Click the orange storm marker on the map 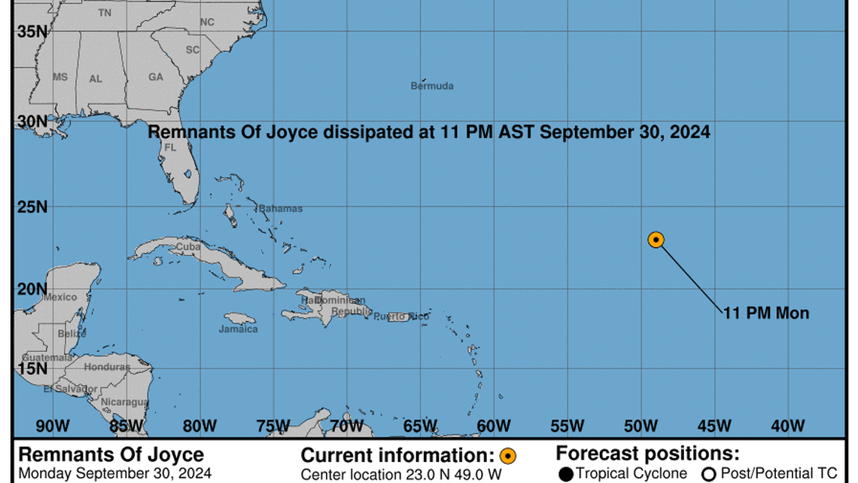click(656, 240)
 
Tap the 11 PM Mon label click(766, 313)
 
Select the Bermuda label click(432, 86)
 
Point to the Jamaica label click(238, 329)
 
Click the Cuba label click(187, 246)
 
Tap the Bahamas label click(281, 209)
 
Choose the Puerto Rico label click(401, 316)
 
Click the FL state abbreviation click(170, 148)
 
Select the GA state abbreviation click(156, 77)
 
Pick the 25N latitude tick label click(31, 206)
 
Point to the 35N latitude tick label click(31, 31)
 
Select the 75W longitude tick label click(273, 426)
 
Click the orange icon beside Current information click(508, 456)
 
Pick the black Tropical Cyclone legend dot click(566, 474)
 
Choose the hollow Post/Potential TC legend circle click(708, 474)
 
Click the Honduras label click(107, 367)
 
